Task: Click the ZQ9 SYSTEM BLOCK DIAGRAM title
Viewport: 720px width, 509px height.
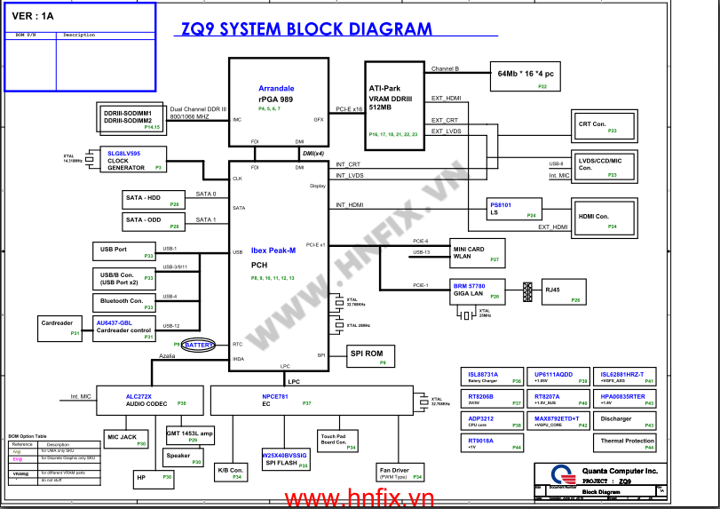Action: click(x=306, y=28)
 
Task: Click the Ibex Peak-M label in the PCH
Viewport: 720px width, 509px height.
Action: click(x=273, y=251)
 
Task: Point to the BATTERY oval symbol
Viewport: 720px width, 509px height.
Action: click(x=200, y=345)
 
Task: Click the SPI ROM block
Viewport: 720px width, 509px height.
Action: click(x=367, y=356)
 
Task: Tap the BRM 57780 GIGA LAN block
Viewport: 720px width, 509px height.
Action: click(x=477, y=290)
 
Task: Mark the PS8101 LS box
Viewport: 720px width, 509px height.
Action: click(x=514, y=210)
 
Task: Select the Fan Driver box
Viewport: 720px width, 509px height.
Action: click(x=399, y=473)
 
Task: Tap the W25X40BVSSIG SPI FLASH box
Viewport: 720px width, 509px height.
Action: click(x=285, y=459)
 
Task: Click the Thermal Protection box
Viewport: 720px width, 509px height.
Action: click(x=627, y=441)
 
